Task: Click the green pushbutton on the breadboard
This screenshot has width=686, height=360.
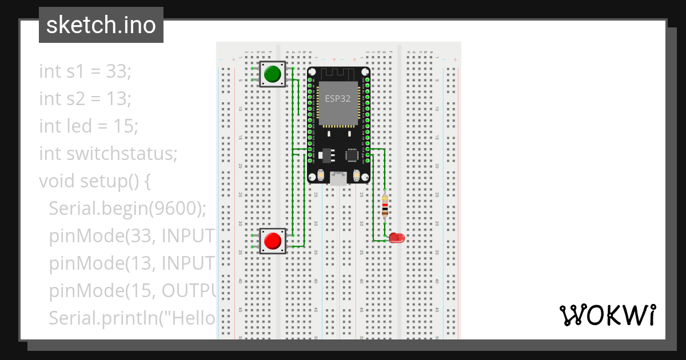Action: coord(272,74)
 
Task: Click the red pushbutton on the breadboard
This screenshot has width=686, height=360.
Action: coord(272,241)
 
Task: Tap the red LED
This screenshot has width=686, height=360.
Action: coord(396,238)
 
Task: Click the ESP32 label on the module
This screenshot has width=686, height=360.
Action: coord(338,98)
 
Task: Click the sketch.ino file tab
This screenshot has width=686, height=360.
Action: coord(101,25)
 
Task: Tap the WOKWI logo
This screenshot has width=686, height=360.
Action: coord(607,315)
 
